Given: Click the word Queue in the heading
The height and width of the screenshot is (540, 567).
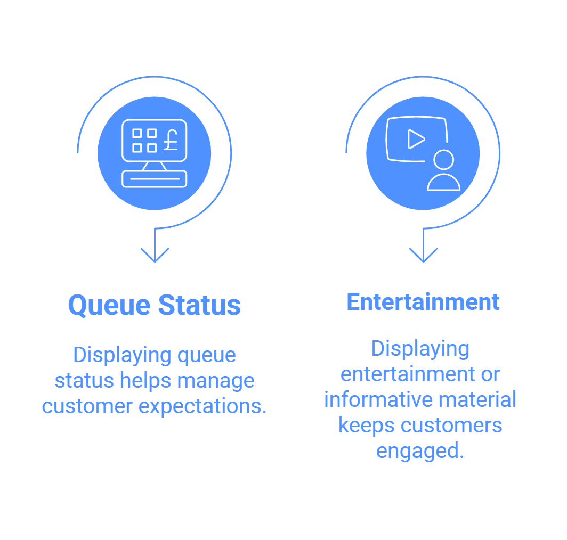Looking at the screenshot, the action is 109,306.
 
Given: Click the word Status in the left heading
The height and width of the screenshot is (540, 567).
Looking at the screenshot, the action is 200,305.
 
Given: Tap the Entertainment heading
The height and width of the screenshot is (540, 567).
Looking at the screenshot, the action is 423,302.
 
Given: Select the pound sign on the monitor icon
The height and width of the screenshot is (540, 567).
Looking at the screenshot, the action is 171,140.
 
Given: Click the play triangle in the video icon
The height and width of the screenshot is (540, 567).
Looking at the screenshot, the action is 416,139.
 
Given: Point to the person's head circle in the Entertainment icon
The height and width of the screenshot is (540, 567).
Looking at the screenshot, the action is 444,159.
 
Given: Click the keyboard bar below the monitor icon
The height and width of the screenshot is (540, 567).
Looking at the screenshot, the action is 155,179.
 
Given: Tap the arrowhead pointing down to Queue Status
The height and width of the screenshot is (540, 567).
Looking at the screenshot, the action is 155,255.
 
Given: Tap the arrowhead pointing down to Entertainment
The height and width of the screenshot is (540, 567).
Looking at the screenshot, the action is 424,255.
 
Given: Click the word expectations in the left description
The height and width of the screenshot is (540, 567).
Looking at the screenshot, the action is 203,407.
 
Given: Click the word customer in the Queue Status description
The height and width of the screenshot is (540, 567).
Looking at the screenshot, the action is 87,406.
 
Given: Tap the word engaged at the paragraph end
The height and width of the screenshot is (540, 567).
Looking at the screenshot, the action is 420,452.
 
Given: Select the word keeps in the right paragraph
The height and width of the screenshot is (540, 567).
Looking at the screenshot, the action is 366,426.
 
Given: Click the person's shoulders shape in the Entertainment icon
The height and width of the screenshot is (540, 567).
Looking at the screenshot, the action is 444,182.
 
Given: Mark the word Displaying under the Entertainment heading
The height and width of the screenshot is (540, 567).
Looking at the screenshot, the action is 420,349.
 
